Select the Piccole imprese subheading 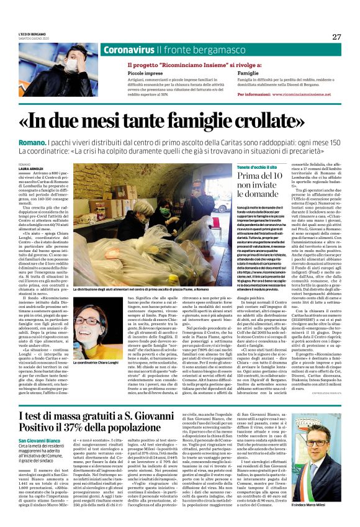128,72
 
